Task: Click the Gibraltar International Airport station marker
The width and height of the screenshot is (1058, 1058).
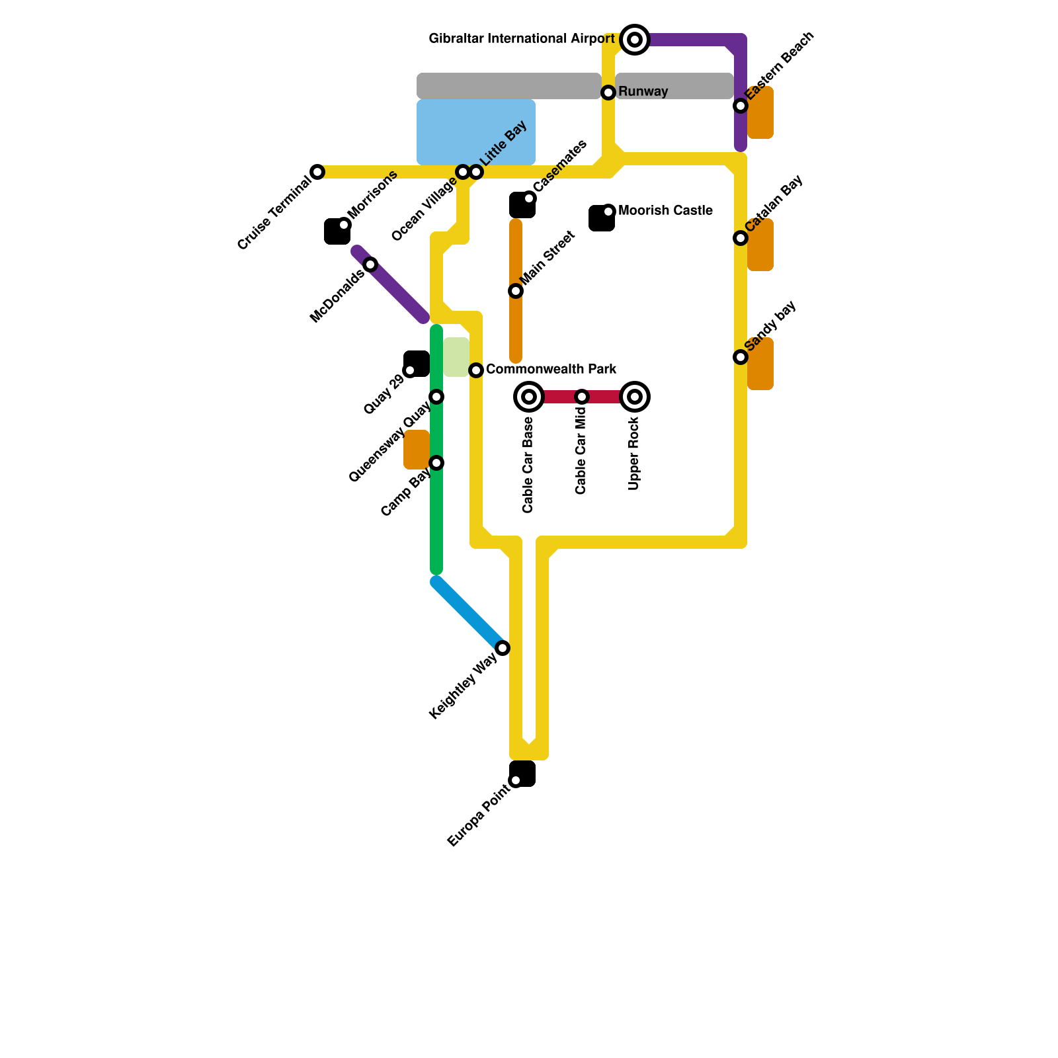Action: pos(635,40)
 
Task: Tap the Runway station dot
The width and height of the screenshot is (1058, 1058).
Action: pos(608,93)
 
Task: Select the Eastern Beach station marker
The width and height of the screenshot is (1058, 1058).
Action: pos(741,106)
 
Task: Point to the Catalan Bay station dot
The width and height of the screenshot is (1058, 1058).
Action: pos(741,238)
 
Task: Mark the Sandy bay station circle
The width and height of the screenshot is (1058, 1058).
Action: pos(741,357)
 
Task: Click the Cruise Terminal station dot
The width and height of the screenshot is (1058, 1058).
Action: pos(317,172)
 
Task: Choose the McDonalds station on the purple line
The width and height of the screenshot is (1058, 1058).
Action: pos(370,264)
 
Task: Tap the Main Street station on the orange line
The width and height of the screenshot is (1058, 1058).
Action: pos(516,291)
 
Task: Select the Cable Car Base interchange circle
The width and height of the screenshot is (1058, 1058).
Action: pos(529,397)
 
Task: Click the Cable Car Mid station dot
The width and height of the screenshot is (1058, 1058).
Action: pos(582,397)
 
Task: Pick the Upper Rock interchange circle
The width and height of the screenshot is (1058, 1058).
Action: pos(635,397)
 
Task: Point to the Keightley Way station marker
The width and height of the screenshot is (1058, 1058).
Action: pos(503,648)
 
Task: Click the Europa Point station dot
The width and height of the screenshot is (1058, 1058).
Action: pos(516,780)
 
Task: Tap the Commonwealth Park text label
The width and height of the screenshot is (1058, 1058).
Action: pos(551,369)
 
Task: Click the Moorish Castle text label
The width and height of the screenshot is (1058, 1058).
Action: pos(665,211)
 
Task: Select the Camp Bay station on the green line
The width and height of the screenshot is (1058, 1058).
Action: pos(436,463)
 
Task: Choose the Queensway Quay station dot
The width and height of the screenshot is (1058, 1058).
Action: pos(436,397)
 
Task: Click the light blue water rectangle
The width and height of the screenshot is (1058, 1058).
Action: pos(476,132)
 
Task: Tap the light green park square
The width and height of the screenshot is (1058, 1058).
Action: pos(456,357)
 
